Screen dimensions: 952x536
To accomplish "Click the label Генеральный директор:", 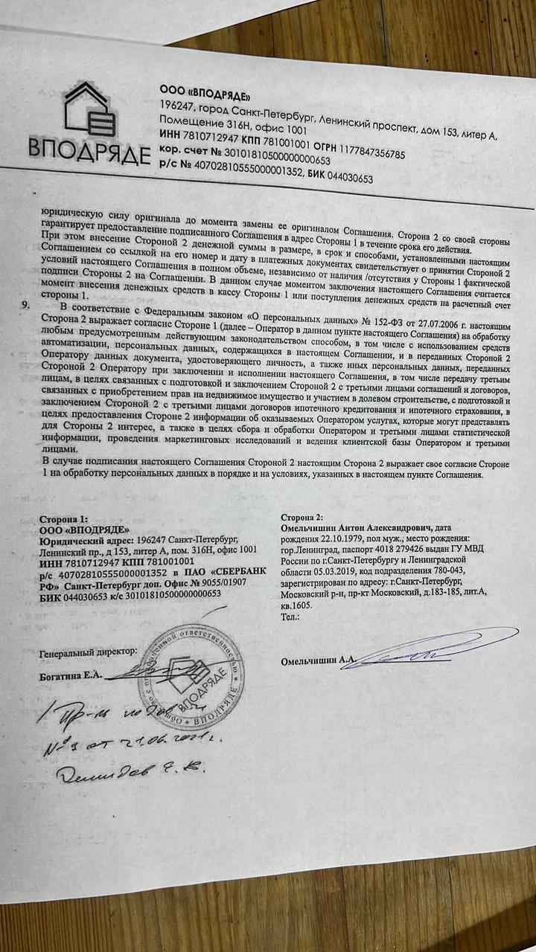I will (x=88, y=652).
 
